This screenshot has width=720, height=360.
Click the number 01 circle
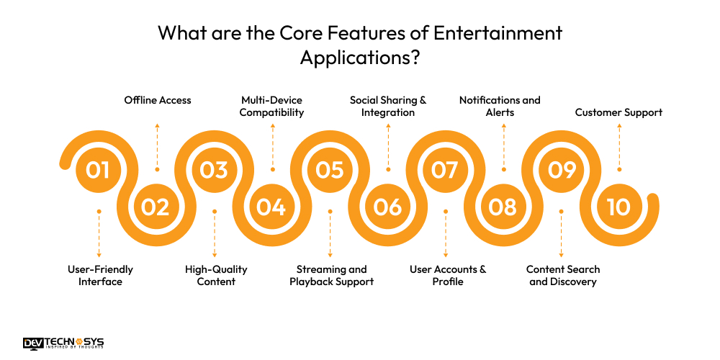[98, 170]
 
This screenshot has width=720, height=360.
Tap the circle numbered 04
[271, 207]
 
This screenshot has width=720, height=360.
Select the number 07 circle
[445, 170]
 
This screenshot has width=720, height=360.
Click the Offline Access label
[158, 100]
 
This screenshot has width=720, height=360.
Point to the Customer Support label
[618, 112]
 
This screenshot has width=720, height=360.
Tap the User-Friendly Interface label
[100, 275]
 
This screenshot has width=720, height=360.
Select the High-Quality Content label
[216, 275]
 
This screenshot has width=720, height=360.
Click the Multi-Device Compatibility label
[272, 106]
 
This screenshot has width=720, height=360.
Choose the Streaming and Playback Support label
[331, 275]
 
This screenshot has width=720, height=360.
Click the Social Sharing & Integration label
[388, 106]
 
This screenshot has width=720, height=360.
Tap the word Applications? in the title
[360, 58]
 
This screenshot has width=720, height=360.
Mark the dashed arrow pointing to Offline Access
[157, 144]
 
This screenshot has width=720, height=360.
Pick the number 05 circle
[330, 170]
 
